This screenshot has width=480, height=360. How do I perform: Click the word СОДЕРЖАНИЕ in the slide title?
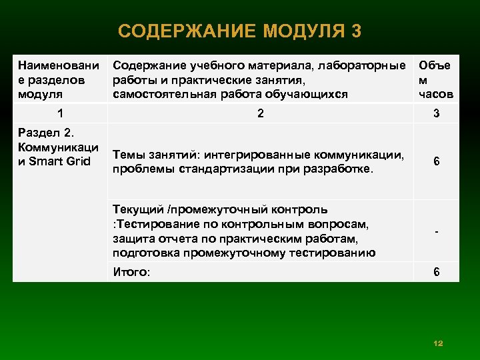[x=187, y=31]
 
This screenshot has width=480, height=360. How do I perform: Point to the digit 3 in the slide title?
[x=357, y=31]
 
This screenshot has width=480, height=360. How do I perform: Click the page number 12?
[x=438, y=343]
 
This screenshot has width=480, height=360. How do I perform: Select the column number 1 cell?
[x=61, y=114]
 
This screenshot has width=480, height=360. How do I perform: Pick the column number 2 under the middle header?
[x=261, y=114]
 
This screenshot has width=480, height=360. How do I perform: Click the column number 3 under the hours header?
[x=436, y=114]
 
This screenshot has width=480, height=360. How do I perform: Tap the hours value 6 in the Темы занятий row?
[x=436, y=162]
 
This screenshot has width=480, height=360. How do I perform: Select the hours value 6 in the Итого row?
[x=436, y=272]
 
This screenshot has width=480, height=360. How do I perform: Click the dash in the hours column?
[x=436, y=231]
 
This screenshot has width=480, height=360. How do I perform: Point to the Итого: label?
[x=132, y=272]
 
